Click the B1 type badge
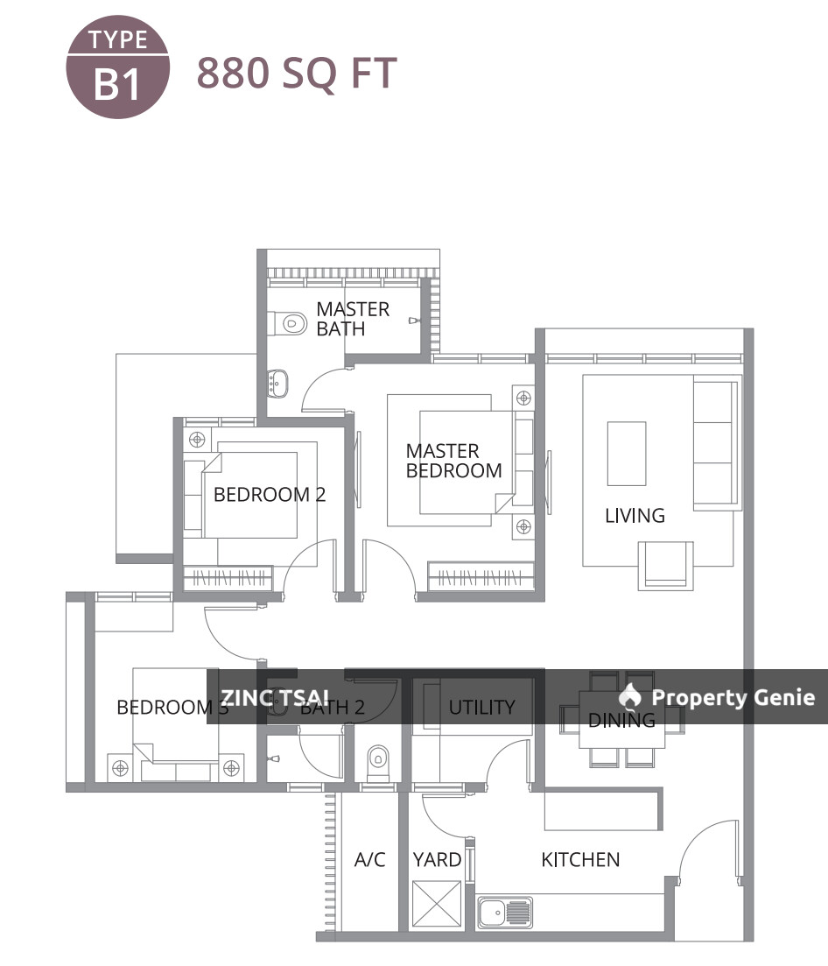click(x=117, y=72)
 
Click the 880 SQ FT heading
click(x=297, y=74)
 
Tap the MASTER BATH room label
click(x=353, y=319)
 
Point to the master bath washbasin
click(x=278, y=382)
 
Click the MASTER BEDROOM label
click(x=453, y=461)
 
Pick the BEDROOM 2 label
click(x=269, y=495)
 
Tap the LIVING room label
click(x=635, y=516)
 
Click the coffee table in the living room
click(x=626, y=454)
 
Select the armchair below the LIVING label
click(x=665, y=565)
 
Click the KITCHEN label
click(x=580, y=860)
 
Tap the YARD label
click(x=437, y=860)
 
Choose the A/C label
click(x=369, y=860)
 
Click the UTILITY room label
click(x=481, y=708)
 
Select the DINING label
click(x=621, y=721)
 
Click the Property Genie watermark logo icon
click(x=629, y=697)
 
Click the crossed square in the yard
click(x=436, y=904)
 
